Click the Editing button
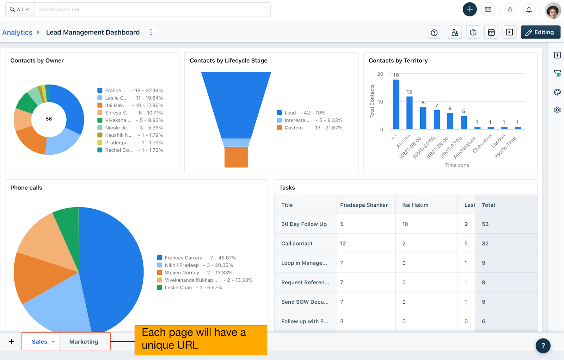pos(540,32)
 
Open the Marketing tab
pos(84,342)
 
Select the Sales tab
pos(39,342)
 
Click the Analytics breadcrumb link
pos(17,32)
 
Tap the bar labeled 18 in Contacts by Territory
pos(396,104)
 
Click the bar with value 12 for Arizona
pos(409,113)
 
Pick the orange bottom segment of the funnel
pos(236,157)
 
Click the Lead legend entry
pos(290,113)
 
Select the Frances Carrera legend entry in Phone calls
pos(183,258)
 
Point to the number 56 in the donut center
pos(49,119)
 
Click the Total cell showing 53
pos(485,224)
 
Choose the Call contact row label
pos(297,243)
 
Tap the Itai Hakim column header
pos(415,205)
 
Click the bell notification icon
pos(529,10)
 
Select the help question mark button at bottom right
pos(543,346)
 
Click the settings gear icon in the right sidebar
pos(557,110)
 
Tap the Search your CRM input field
pos(152,10)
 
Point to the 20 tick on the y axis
pos(380,74)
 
